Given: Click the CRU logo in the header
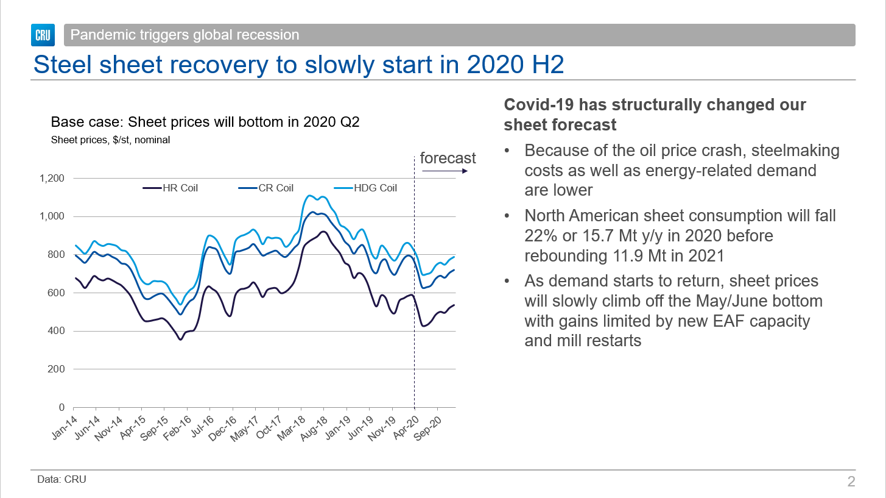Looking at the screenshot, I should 43,35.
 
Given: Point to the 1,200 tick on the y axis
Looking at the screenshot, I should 52,179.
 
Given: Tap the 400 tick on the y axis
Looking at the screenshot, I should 57,331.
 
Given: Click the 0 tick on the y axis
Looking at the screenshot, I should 62,407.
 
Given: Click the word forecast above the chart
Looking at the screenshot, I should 448,158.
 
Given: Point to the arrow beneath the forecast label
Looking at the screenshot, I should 444,171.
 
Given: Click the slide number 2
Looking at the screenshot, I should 851,482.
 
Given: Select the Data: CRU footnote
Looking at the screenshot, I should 62,479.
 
